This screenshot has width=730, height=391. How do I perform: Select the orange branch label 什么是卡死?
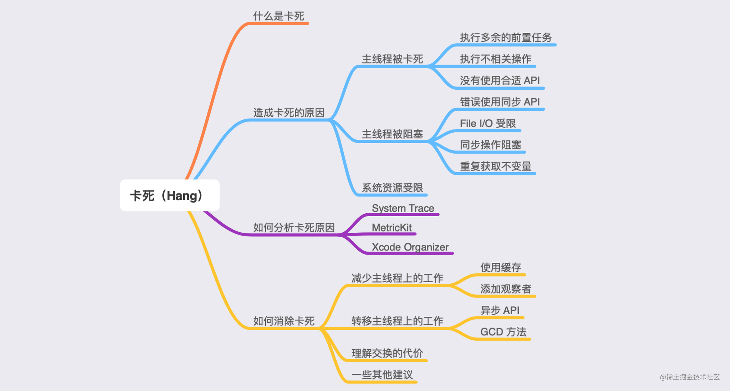click(x=278, y=16)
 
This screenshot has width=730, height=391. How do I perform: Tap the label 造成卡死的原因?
click(x=289, y=113)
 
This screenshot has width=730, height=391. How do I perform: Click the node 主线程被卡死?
click(x=392, y=59)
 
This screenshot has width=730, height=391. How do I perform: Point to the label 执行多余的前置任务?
click(x=506, y=37)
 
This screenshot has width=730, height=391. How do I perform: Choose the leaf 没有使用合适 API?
click(x=500, y=80)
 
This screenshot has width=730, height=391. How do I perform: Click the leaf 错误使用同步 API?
click(x=500, y=102)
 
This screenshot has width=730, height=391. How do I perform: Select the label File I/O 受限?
click(x=487, y=123)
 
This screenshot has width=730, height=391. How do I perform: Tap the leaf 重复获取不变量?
click(x=495, y=166)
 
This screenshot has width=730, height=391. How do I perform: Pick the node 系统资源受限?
click(x=392, y=187)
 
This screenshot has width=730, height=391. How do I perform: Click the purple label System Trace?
click(x=403, y=208)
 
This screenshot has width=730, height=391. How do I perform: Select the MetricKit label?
click(x=391, y=227)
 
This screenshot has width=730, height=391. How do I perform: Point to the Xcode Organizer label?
click(x=410, y=247)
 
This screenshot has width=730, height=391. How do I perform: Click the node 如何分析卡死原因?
click(x=294, y=227)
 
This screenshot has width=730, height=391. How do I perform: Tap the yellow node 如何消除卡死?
click(x=284, y=321)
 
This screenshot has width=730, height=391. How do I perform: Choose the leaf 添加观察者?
click(x=505, y=289)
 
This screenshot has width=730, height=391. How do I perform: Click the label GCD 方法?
click(x=503, y=332)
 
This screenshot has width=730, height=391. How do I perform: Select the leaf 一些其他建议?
click(x=382, y=375)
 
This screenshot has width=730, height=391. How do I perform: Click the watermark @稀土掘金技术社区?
click(x=689, y=377)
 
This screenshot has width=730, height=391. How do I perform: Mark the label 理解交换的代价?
click(x=387, y=353)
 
